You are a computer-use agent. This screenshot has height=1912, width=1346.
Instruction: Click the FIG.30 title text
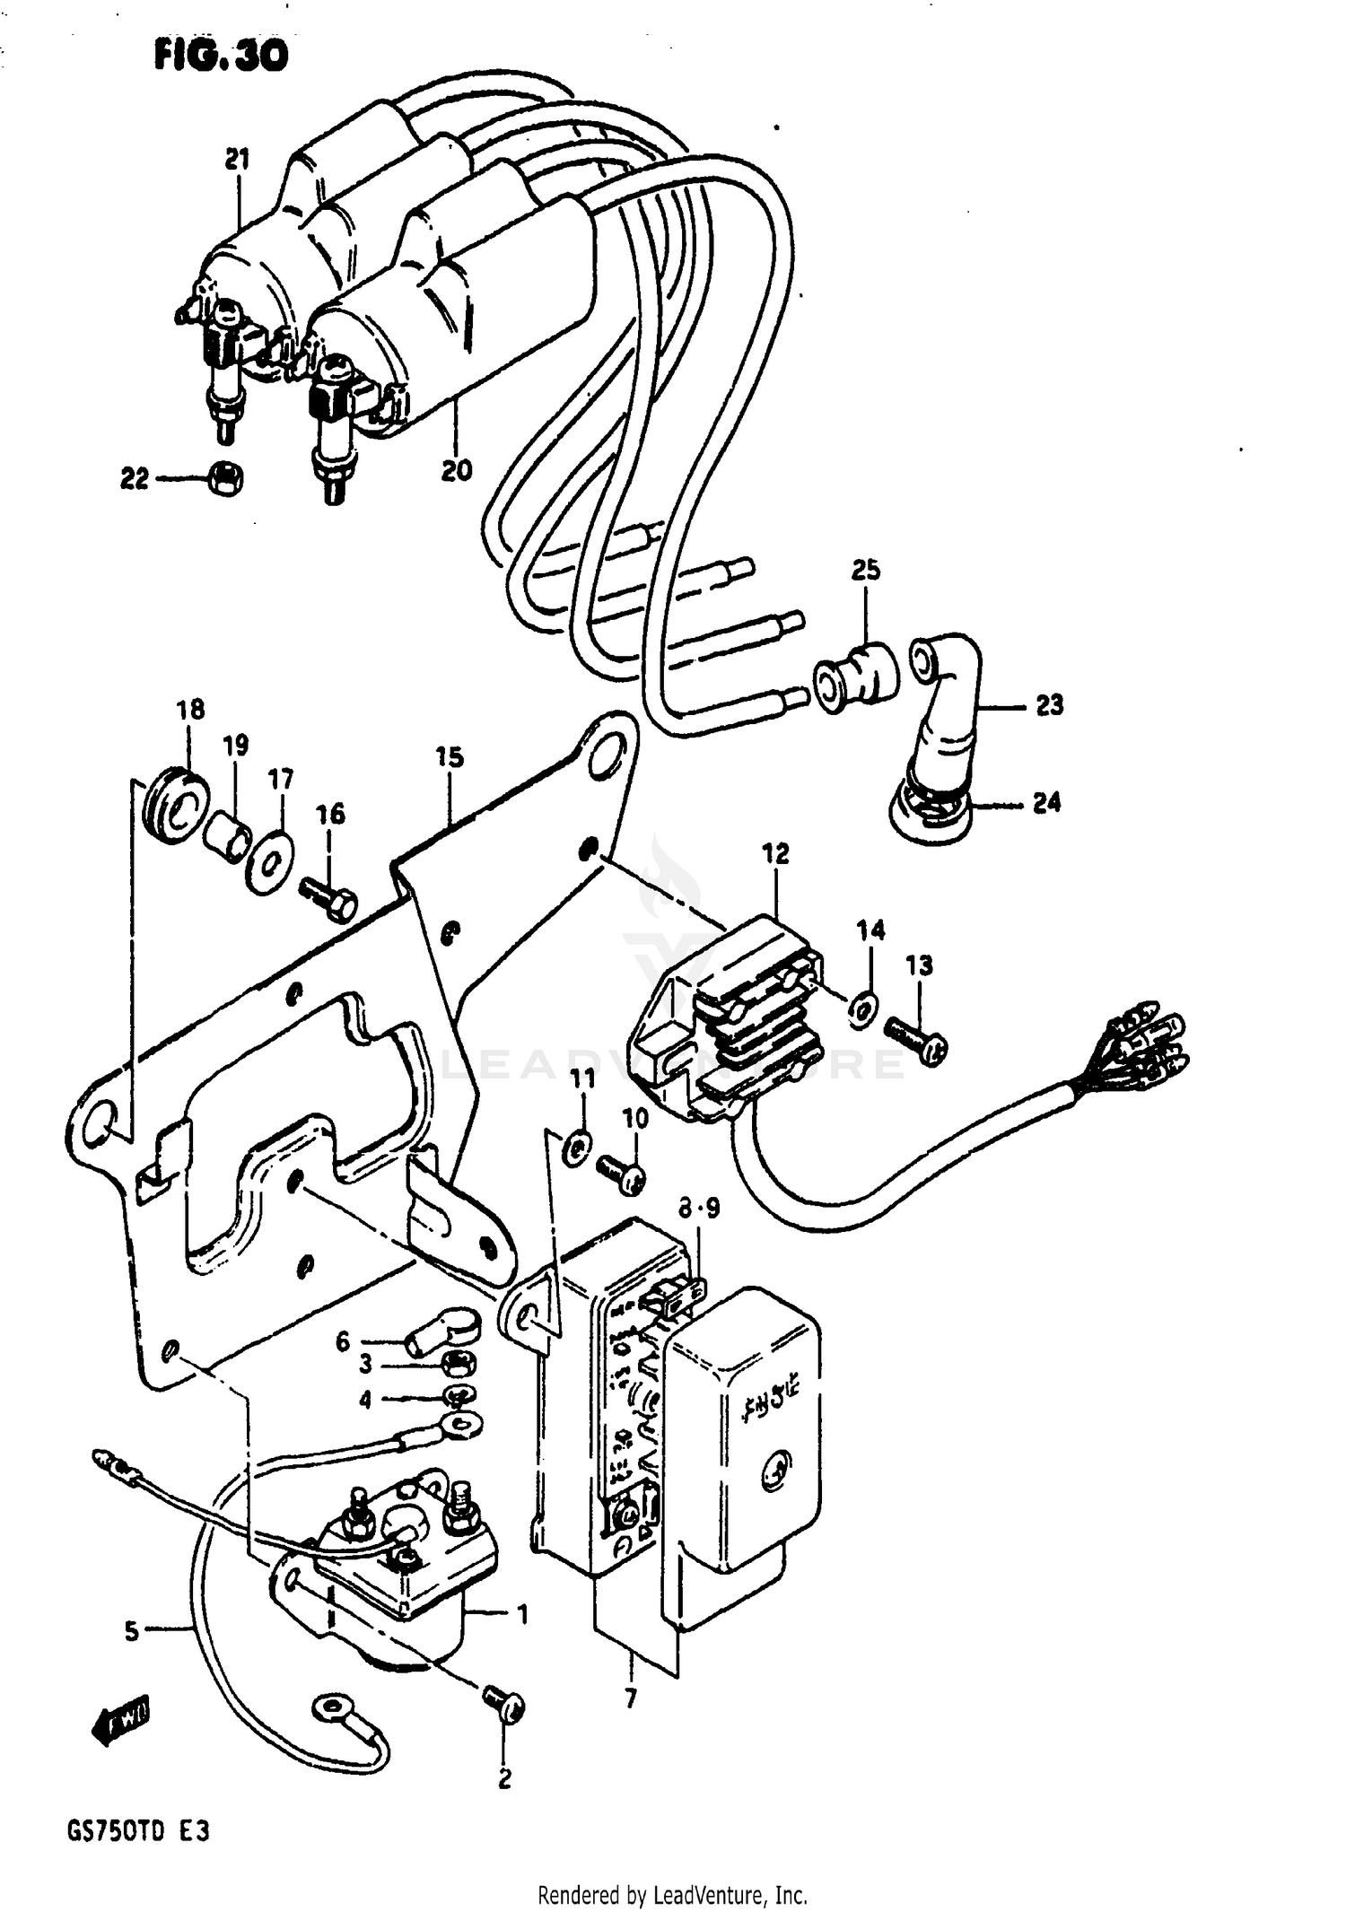click(221, 56)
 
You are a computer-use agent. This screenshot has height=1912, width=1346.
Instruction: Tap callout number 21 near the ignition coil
click(236, 160)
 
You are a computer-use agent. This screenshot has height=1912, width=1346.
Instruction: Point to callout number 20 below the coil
click(456, 470)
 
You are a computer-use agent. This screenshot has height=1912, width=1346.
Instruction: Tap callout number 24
click(1046, 802)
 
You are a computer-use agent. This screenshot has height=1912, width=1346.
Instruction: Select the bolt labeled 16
click(329, 898)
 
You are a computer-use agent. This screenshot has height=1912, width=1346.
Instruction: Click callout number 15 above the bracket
click(450, 757)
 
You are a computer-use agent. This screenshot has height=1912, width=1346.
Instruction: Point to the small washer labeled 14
click(863, 1008)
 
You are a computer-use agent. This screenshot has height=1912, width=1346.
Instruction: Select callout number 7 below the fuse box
click(631, 1698)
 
